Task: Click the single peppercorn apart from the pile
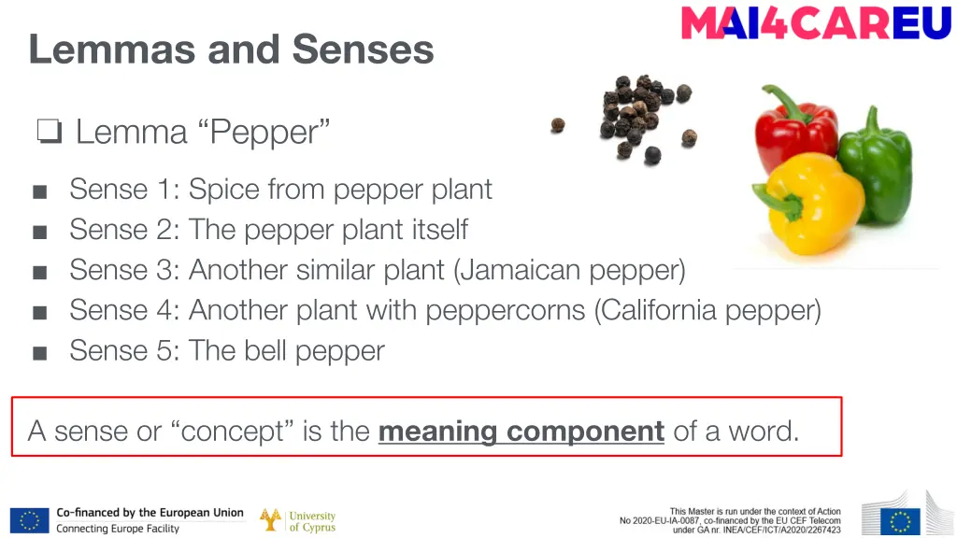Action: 558,124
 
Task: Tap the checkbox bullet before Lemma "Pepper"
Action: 49,133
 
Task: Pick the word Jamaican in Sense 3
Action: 521,270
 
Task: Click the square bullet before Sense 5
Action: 39,353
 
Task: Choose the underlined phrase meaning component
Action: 521,432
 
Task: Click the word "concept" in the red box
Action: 233,432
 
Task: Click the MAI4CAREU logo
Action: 816,22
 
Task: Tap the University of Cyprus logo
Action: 298,521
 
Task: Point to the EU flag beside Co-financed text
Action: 29,520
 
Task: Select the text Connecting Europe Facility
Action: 118,529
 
